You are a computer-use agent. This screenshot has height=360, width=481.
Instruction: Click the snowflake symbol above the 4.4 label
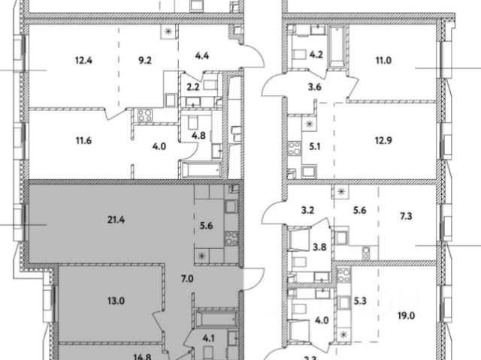coord(169,32)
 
